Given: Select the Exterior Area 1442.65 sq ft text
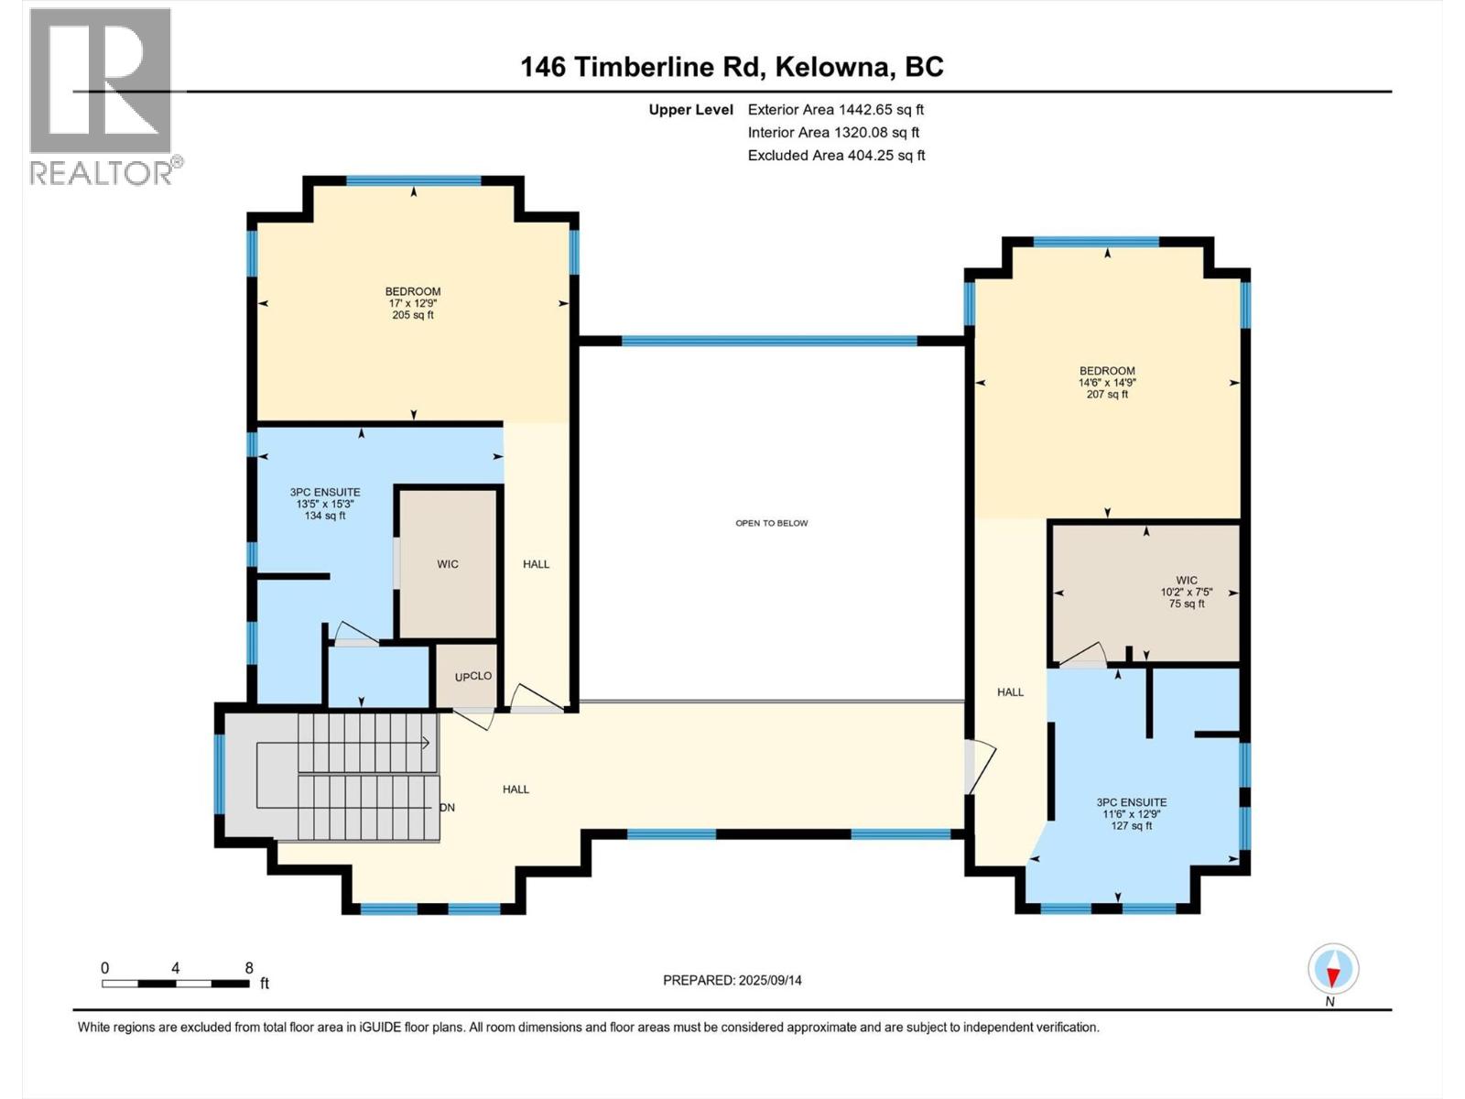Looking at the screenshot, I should [835, 109].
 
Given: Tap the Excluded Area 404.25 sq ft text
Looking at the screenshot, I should [836, 155].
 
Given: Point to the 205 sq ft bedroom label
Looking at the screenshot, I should [413, 303].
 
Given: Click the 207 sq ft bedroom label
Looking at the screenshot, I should [1107, 383].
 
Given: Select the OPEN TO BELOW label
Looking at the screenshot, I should [772, 523].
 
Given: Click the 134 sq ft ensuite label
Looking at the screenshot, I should [325, 504].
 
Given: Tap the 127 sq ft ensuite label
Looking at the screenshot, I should [1132, 813].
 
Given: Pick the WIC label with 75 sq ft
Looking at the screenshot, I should [1187, 592].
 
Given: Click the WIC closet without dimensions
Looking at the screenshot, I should [448, 564].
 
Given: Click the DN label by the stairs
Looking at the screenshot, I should [447, 808].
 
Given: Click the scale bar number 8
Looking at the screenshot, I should [249, 968].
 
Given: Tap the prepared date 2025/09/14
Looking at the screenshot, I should [732, 980].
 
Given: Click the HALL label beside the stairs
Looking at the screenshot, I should [515, 789].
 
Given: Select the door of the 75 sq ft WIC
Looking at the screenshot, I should [1083, 654].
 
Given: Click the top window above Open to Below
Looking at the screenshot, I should [769, 341].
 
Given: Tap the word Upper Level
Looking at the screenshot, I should [691, 110].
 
